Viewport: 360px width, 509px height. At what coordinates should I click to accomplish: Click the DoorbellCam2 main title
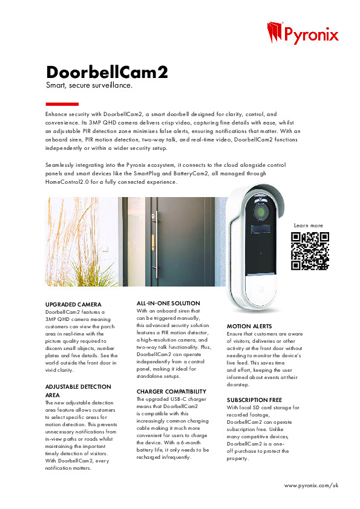tap(107, 73)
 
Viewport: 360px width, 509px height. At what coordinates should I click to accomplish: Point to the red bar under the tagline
tap(62, 104)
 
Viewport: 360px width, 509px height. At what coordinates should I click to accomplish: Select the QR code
tap(310, 250)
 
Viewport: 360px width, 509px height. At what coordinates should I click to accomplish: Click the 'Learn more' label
tap(309, 225)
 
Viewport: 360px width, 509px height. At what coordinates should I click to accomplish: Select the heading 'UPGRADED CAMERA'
tap(73, 304)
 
